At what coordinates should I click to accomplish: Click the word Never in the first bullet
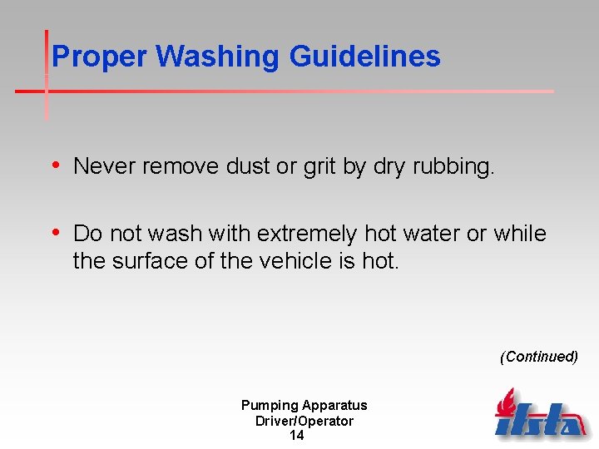105,166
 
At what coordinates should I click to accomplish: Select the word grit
319,166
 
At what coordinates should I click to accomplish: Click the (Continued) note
538,357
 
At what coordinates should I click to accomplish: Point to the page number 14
296,436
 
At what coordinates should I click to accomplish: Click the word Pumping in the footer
270,406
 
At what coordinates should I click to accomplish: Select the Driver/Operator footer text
304,421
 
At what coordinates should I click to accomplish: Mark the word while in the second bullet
520,234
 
